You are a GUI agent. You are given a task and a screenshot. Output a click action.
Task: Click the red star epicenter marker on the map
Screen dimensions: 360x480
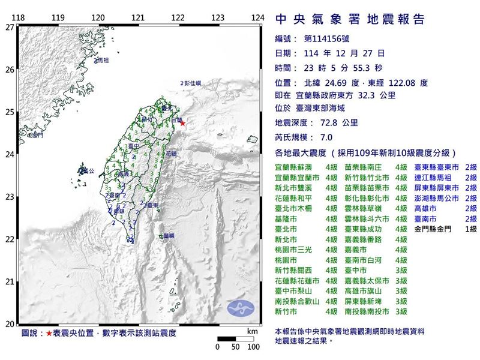183,124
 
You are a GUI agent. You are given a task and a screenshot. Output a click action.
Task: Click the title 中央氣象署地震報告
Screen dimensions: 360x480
350,19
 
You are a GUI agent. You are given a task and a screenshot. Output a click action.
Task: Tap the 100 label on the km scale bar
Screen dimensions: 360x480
253,347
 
